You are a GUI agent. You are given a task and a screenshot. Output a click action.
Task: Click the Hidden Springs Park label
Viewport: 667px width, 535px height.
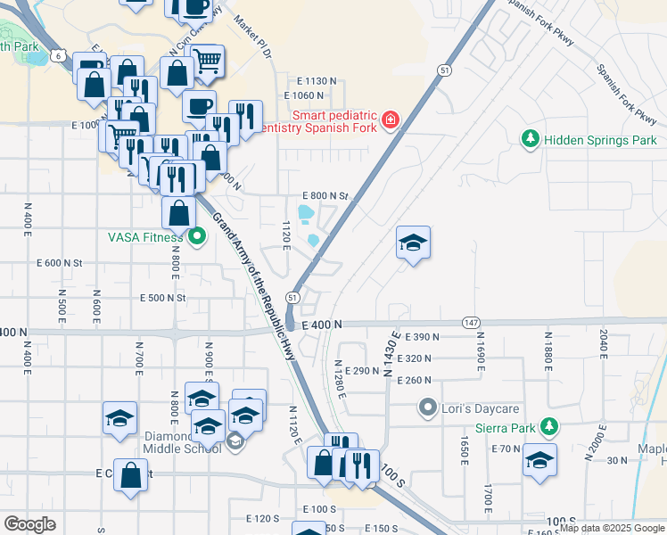click(600, 140)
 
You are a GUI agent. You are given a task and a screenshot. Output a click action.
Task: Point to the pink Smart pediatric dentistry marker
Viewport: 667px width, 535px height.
click(390, 120)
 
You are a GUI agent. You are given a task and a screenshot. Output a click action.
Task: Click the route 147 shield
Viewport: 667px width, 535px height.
click(472, 322)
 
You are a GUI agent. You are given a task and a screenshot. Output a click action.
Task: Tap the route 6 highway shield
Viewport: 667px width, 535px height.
click(60, 55)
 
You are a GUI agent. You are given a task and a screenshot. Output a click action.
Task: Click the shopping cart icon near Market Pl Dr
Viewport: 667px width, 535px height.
click(207, 61)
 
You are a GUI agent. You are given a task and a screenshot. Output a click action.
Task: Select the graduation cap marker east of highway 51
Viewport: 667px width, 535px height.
click(413, 243)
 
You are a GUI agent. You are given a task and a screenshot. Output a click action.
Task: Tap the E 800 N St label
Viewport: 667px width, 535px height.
click(325, 195)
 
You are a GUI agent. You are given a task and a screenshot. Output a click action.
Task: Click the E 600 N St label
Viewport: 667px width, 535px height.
click(60, 263)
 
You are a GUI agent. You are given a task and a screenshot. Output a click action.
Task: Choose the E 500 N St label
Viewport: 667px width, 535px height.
click(163, 298)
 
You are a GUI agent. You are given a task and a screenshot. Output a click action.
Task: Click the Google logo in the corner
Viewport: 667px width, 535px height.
click(29, 523)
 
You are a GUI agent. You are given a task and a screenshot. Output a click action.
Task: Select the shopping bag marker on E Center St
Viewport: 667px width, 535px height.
click(130, 475)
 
